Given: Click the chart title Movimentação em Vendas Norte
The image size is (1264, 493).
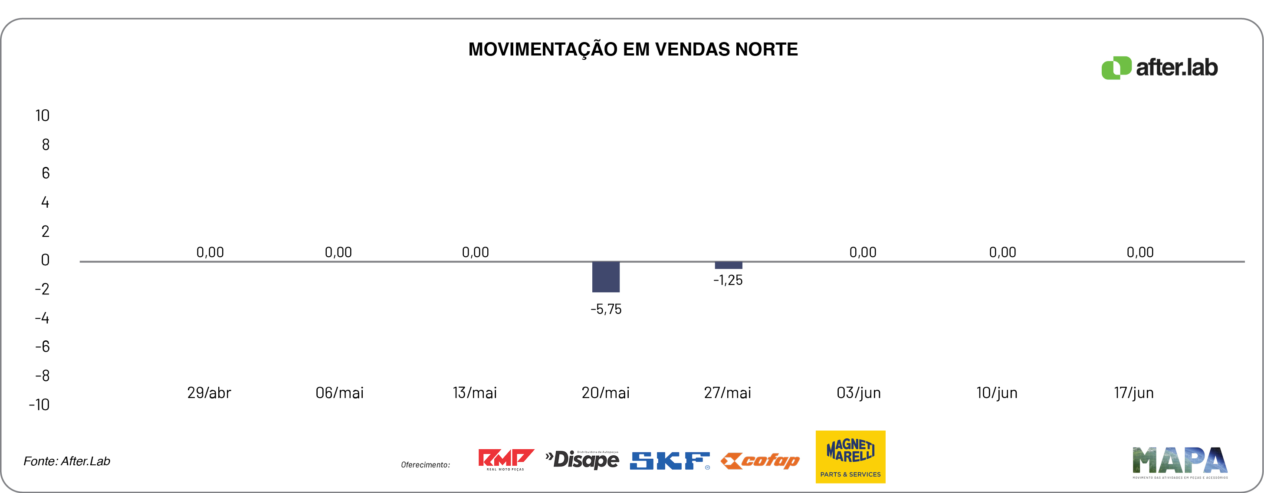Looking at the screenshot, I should [633, 49].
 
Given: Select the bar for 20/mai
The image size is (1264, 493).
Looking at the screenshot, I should [605, 277].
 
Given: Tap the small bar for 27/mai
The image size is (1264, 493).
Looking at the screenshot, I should [728, 265].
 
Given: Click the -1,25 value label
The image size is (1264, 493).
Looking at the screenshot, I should [728, 280].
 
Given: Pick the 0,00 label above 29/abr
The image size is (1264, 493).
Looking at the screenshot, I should [210, 252].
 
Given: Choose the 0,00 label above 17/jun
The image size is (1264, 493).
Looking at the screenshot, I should [1140, 252].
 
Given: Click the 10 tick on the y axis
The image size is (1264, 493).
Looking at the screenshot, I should [42, 116].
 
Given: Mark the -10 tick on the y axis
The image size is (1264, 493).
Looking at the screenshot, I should [39, 405].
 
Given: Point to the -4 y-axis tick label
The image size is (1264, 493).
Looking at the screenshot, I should [42, 318].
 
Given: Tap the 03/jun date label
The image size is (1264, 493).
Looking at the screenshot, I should [859, 393].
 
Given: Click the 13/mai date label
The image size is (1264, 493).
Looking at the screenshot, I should [475, 393].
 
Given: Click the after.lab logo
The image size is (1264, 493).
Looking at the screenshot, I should [1159, 68].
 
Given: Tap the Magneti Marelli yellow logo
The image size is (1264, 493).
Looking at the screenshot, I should [850, 457].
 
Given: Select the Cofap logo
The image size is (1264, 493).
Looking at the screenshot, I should [760, 460].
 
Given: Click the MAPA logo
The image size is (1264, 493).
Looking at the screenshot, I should [1179, 462].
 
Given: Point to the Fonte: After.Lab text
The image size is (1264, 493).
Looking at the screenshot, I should [67, 461].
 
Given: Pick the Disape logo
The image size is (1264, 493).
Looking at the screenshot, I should [582, 460].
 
